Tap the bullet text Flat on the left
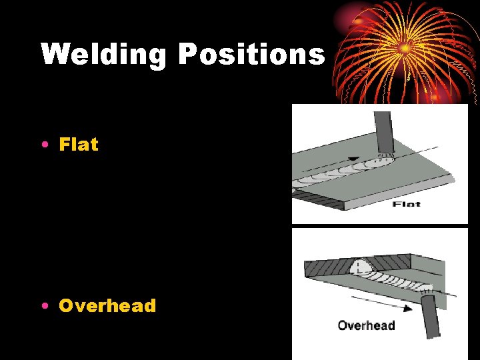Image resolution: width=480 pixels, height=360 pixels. click(x=79, y=144)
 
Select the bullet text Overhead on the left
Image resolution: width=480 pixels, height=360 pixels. click(x=107, y=306)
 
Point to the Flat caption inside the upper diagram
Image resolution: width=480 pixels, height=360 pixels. click(x=406, y=204)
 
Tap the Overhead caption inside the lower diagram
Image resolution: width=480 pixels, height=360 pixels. click(x=366, y=325)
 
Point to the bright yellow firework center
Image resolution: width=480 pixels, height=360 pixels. click(x=404, y=49)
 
